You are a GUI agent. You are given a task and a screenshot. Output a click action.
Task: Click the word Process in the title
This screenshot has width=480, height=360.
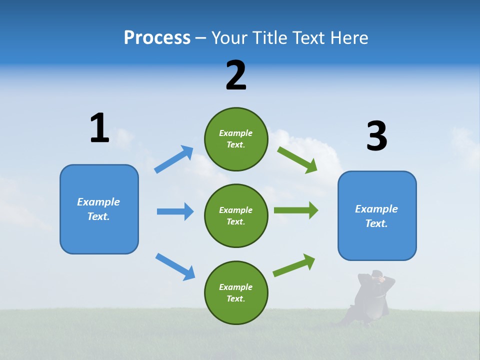tap(157, 38)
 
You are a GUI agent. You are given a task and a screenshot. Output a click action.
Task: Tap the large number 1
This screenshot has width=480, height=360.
tap(99, 128)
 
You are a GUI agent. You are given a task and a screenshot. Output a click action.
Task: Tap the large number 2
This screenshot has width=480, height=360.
tap(236, 76)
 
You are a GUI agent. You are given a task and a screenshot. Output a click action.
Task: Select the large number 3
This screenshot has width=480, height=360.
tap(376, 136)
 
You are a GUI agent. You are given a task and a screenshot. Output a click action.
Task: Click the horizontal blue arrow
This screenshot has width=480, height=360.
tap(175, 211)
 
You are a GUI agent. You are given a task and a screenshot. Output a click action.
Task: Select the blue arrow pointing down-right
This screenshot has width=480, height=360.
tap(175, 266)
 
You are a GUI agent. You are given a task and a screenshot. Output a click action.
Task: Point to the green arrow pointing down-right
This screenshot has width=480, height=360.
tap(297, 160)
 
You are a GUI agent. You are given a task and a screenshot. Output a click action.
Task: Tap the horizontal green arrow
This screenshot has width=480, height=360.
tap(295, 210)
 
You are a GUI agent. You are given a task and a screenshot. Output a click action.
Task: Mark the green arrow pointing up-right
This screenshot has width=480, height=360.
tap(294, 265)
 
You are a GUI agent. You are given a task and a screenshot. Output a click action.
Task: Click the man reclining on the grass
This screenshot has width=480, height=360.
tap(370, 300)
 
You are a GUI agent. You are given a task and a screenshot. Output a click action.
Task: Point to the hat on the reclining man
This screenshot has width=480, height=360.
tap(377, 273)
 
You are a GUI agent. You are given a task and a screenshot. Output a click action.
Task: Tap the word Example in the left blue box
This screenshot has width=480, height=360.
tap(98, 202)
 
